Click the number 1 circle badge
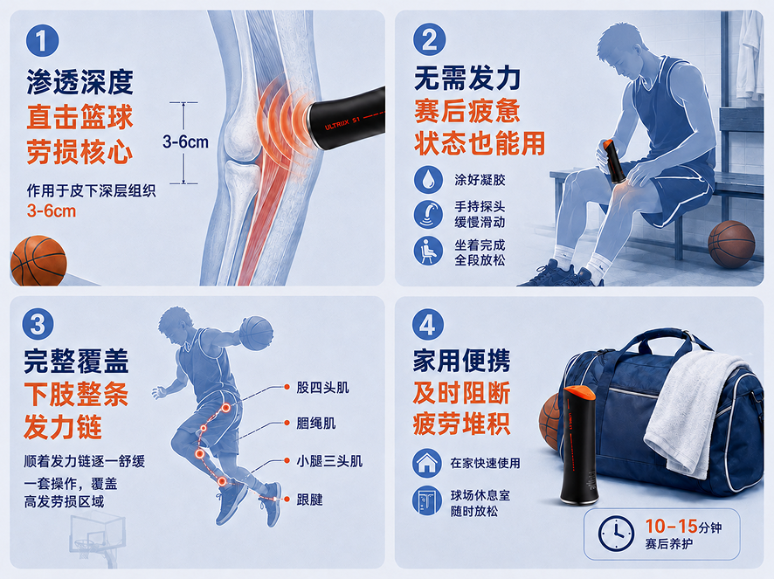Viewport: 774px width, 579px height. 43,40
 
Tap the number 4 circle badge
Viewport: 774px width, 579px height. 427,324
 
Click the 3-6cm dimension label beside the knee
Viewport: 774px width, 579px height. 185,142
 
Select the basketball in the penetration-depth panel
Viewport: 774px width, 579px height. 38,260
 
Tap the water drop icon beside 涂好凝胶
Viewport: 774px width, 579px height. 428,179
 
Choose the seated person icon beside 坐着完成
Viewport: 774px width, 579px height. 428,251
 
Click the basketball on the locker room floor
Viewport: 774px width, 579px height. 731,244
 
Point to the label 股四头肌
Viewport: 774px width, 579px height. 323,388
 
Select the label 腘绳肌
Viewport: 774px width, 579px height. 316,423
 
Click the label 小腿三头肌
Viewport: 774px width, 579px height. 329,461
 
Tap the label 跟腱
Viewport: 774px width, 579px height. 309,500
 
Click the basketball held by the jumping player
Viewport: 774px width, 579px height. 256,334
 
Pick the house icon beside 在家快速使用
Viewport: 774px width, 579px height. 427,463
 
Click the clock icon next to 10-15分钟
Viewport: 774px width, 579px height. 616,534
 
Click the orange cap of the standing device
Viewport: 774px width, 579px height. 580,393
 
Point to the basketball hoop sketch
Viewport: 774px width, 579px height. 98,539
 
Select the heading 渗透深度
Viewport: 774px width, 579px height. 80,82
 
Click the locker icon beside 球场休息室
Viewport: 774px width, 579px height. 427,500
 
